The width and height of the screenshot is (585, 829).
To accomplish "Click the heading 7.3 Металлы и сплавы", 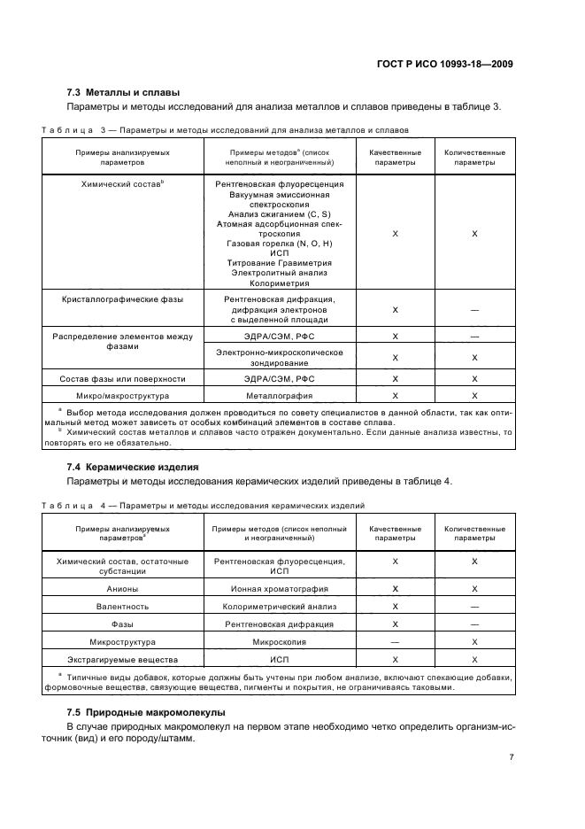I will pyautogui.click(x=123, y=92).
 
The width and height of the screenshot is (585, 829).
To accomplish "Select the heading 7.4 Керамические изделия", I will pyautogui.click(x=133, y=466).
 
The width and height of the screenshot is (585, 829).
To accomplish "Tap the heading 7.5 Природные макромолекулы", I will pyautogui.click(x=146, y=712).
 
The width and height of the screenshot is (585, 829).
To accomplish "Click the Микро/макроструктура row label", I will pyautogui.click(x=123, y=395).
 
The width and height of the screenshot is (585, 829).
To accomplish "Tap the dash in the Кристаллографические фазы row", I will pyautogui.click(x=475, y=310).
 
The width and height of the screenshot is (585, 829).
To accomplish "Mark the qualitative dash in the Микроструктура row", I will pyautogui.click(x=395, y=641).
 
